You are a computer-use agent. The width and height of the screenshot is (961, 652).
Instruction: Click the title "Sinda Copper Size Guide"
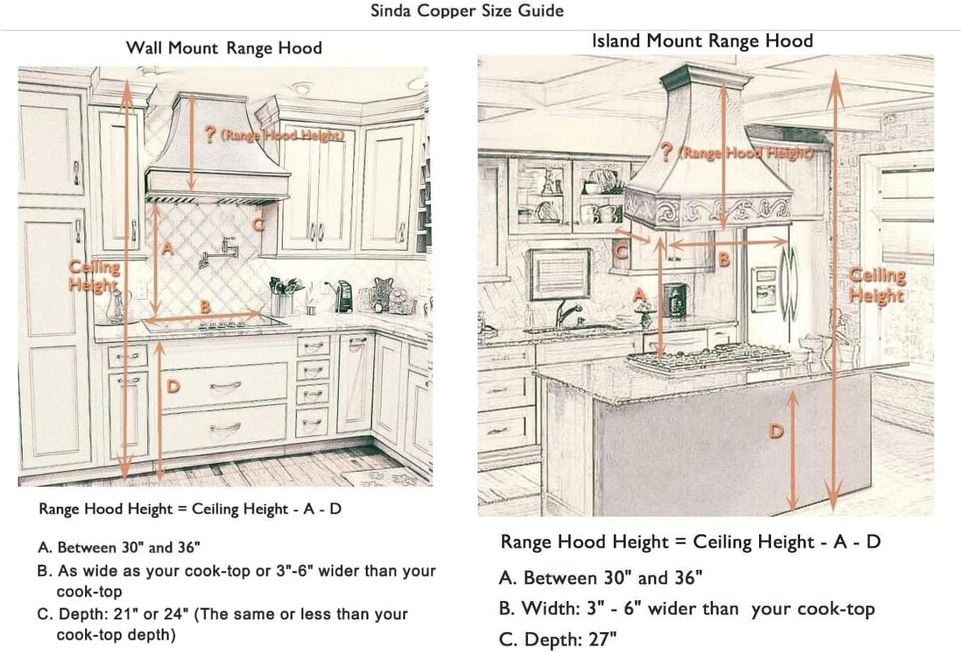[467, 11]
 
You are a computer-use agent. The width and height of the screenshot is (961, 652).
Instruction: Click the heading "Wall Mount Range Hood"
[224, 48]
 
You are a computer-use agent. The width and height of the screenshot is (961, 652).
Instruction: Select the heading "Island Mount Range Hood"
[702, 41]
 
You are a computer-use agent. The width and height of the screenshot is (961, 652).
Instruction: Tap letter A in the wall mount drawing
[167, 248]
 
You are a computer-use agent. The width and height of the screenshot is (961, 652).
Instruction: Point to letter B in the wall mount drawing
[205, 306]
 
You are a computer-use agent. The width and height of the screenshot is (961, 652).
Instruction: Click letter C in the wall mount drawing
[259, 225]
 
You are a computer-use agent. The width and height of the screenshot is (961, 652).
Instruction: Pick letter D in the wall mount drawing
[173, 386]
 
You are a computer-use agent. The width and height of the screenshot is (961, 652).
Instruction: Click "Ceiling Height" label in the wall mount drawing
[94, 276]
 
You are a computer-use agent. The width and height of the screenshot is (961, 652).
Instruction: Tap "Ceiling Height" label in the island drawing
[877, 285]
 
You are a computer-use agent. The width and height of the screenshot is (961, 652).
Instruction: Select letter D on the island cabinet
[776, 430]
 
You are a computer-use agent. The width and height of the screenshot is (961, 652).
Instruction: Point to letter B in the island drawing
[724, 259]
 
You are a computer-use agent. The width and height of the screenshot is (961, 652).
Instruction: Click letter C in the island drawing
[619, 251]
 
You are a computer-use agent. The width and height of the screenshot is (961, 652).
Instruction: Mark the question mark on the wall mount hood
[210, 135]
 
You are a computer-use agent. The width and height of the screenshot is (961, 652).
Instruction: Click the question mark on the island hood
[666, 151]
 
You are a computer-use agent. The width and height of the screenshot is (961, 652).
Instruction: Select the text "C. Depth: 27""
[558, 639]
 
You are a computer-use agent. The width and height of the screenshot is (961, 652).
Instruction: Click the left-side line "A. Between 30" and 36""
[119, 547]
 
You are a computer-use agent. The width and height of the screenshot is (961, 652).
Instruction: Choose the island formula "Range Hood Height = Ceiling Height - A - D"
[690, 542]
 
